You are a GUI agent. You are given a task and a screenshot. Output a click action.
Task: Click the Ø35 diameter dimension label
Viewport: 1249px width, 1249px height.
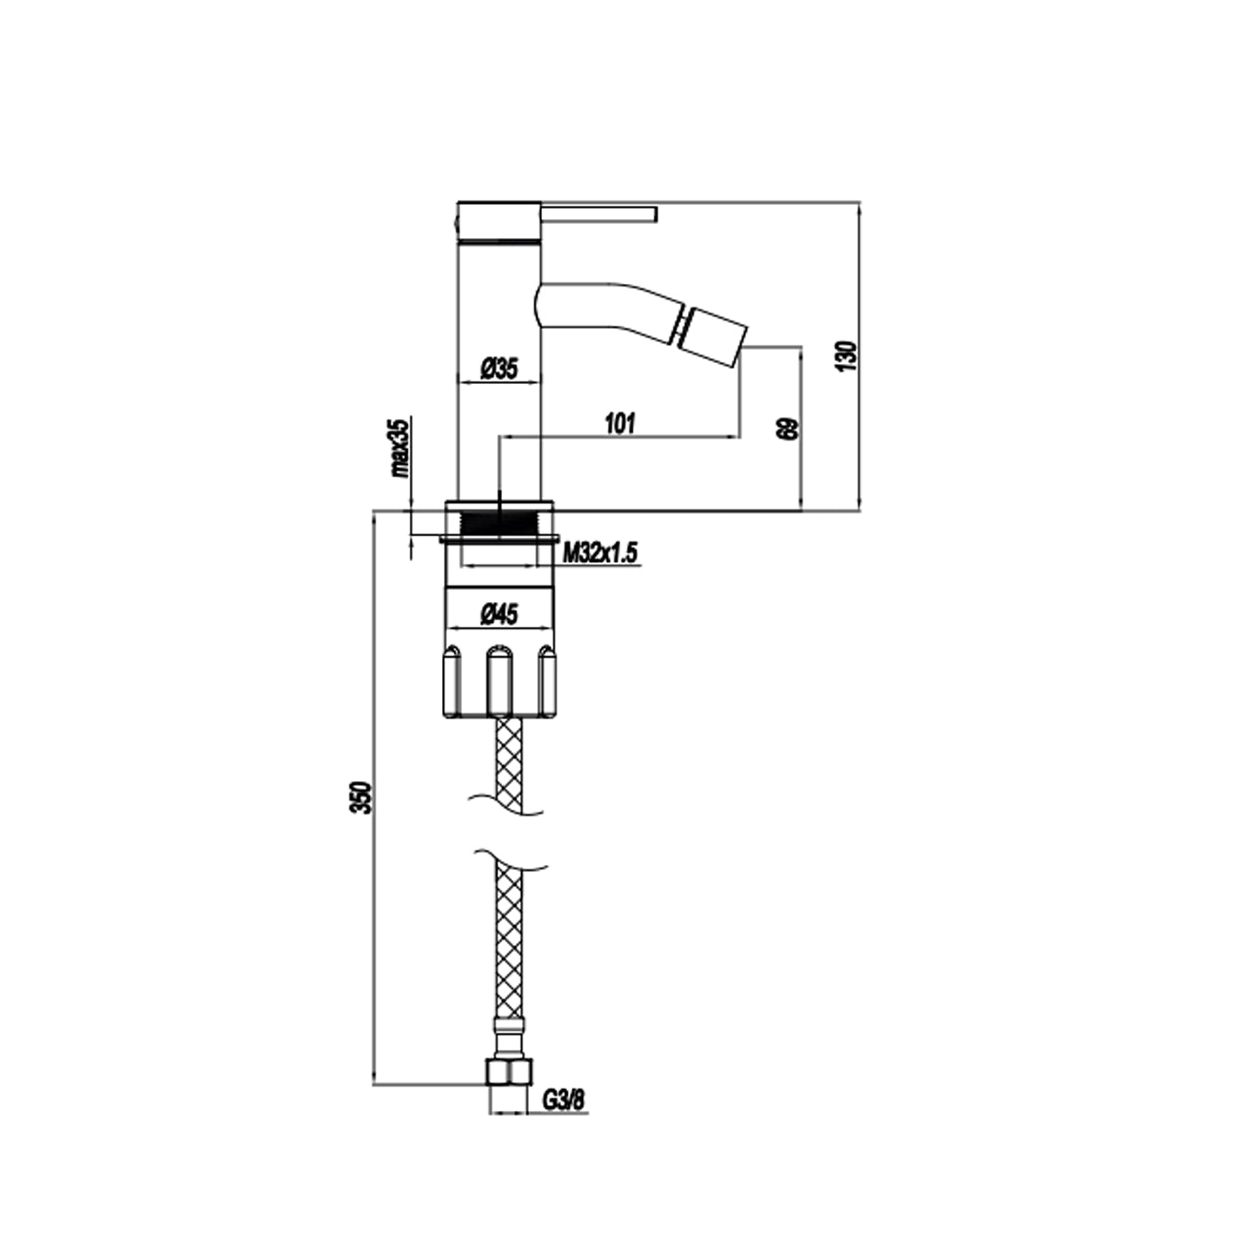500,367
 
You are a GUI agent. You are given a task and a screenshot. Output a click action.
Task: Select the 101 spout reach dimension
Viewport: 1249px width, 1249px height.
620,423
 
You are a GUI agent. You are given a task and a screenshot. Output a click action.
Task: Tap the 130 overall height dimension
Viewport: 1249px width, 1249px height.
847,356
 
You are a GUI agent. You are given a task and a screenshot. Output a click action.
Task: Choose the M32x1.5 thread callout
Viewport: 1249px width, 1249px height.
600,552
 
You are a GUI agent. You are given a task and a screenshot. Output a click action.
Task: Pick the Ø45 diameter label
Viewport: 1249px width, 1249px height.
499,615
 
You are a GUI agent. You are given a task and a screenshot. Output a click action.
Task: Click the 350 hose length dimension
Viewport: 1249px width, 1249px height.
361,798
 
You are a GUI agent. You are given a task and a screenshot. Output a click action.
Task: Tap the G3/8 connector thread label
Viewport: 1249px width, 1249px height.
564,1100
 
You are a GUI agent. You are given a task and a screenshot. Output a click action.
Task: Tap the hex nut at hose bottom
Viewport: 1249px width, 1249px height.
508,1072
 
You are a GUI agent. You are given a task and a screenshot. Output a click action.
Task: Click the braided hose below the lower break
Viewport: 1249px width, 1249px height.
508,941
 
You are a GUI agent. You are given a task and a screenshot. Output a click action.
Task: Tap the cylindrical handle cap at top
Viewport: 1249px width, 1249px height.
500,221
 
